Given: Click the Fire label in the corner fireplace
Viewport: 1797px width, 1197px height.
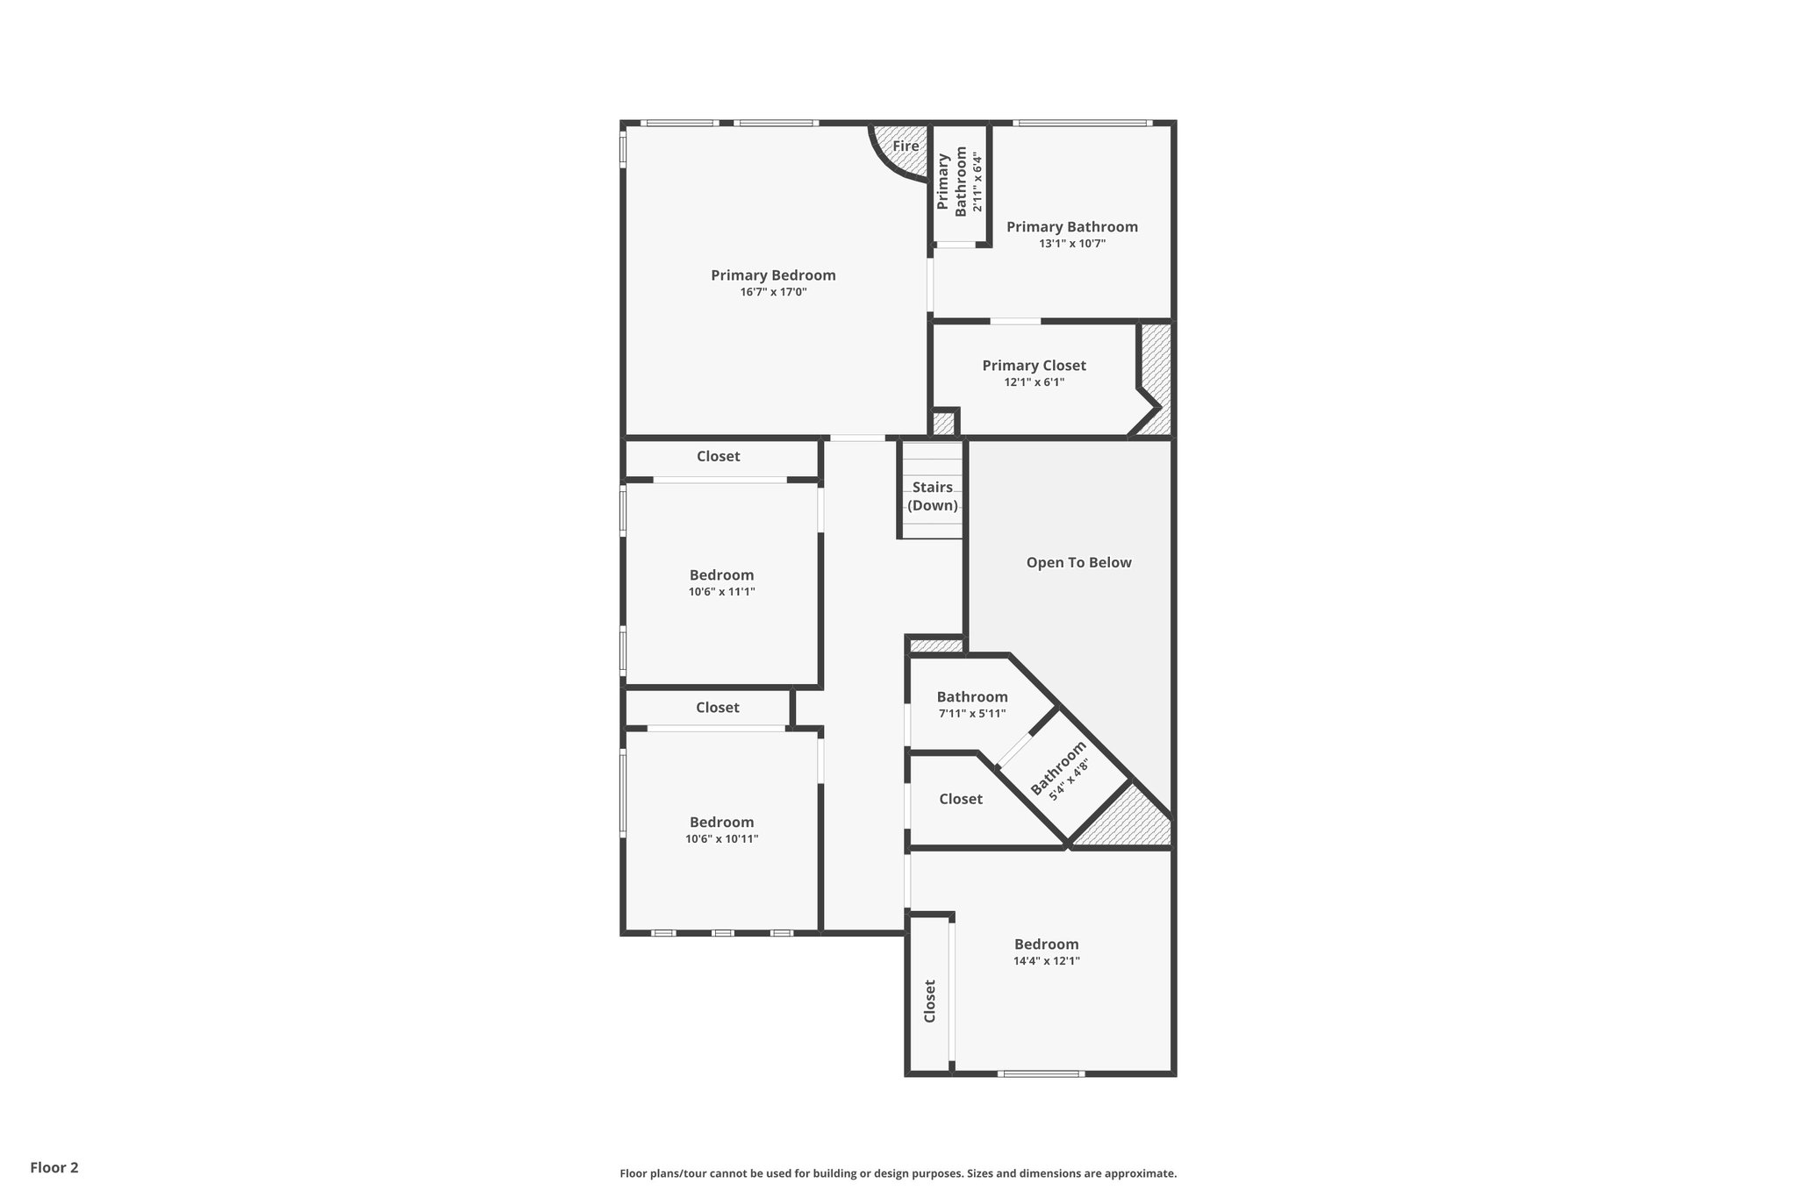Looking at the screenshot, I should click(x=906, y=146).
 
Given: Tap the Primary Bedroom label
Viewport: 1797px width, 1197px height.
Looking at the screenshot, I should click(x=773, y=275).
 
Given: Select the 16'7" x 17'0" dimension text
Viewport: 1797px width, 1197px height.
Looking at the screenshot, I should click(x=773, y=292).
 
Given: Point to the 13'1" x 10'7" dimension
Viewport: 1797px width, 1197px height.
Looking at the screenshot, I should click(x=1072, y=244).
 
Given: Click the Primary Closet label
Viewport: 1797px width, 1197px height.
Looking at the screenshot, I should click(x=1034, y=366).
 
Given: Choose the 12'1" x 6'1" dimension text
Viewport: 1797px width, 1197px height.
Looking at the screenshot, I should click(x=1034, y=382).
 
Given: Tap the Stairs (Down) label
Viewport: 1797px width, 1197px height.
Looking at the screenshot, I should click(x=932, y=496).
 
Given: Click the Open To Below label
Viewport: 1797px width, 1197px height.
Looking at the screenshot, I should click(x=1078, y=563).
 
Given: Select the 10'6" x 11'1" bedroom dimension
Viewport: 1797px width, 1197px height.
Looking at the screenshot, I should click(x=721, y=592).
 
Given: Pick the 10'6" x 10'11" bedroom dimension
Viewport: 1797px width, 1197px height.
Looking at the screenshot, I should click(x=721, y=839).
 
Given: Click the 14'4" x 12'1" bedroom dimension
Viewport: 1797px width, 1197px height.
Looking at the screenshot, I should click(x=1046, y=961).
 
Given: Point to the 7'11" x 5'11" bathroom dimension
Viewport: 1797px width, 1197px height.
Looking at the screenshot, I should click(x=972, y=714).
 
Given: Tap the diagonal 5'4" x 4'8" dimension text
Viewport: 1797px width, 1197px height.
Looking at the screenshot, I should click(x=1070, y=777).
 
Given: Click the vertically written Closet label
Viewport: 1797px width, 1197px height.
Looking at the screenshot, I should click(x=930, y=1001).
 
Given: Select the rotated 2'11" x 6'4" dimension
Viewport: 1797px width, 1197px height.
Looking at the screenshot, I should click(x=977, y=182).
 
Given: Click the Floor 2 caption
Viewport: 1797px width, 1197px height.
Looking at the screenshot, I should click(x=54, y=1168).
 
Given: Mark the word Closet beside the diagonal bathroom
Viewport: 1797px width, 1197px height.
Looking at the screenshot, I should click(x=960, y=799).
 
